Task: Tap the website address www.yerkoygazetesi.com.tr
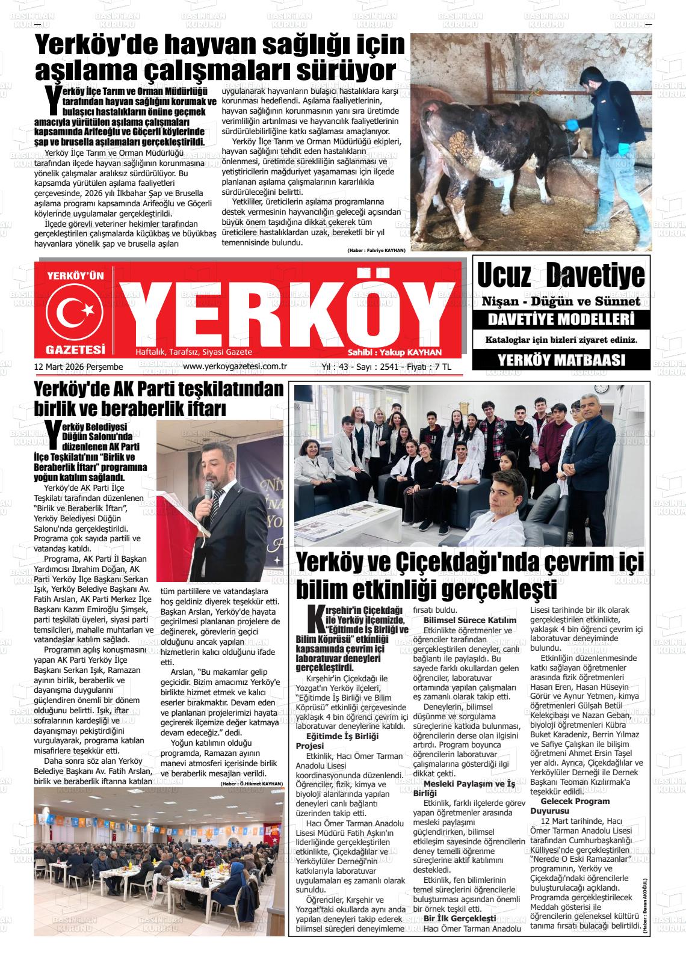(x=234, y=367)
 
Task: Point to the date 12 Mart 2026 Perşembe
(x=79, y=367)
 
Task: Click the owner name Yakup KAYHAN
(x=415, y=353)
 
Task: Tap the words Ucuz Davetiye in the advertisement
(x=560, y=276)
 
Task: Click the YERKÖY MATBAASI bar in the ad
(x=561, y=360)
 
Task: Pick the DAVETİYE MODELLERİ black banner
(x=561, y=319)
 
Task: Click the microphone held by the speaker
(x=208, y=494)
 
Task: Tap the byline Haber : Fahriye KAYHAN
(x=376, y=250)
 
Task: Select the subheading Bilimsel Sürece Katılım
(x=470, y=619)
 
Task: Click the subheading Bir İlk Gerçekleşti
(x=460, y=918)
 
